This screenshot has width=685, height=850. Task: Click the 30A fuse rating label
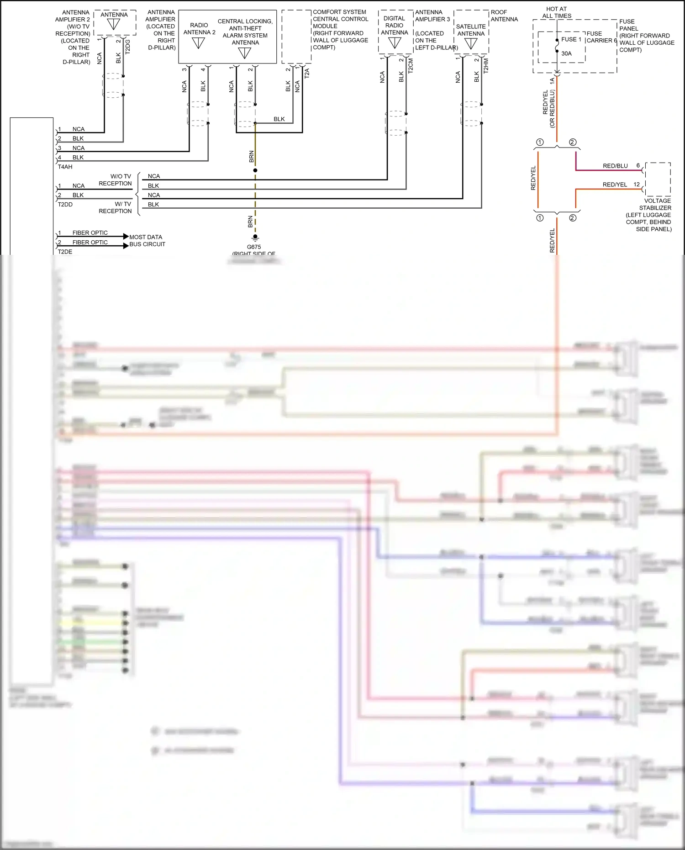(566, 53)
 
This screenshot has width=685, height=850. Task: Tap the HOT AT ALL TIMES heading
(556, 12)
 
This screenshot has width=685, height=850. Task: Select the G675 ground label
(254, 247)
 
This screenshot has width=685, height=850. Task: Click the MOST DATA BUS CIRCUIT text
(147, 241)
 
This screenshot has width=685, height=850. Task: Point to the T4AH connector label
(65, 167)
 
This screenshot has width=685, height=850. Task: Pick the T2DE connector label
(65, 252)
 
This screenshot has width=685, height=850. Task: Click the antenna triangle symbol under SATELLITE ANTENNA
(471, 44)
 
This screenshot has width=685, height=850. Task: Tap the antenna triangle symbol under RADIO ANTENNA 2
(199, 43)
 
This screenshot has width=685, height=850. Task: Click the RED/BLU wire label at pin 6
(615, 166)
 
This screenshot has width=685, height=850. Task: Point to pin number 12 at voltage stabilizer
(637, 185)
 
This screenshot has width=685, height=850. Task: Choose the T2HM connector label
(486, 65)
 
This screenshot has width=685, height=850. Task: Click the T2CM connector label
(411, 65)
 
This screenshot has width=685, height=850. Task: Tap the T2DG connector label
(128, 47)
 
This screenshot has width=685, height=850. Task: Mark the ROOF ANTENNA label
(504, 16)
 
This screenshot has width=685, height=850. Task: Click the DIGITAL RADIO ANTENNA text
(394, 26)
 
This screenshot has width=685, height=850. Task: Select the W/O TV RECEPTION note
(115, 180)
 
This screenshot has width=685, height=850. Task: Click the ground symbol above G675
(255, 238)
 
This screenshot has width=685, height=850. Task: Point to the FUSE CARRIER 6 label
(601, 37)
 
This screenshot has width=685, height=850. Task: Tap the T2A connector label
(307, 73)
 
